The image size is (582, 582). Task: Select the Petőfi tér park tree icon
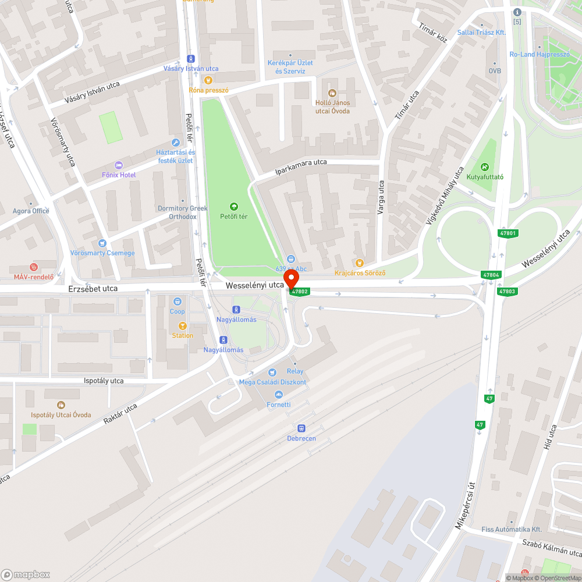pyautogui.click(x=233, y=206)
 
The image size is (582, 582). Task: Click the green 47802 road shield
pyautogui.click(x=299, y=291)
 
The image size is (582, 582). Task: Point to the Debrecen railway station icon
pyautogui.click(x=301, y=428)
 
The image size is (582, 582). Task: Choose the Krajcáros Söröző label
pyautogui.click(x=360, y=273)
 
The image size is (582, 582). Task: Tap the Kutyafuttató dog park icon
pyautogui.click(x=485, y=166)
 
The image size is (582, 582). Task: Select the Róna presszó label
pyautogui.click(x=208, y=90)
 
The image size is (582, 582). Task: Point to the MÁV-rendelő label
pyautogui.click(x=34, y=277)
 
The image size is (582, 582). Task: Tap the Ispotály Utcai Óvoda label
pyautogui.click(x=61, y=414)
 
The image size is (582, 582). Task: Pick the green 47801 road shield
pyautogui.click(x=508, y=233)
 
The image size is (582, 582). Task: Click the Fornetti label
pyautogui.click(x=278, y=404)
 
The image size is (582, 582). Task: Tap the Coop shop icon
pyautogui.click(x=177, y=301)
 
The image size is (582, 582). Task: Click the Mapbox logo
pyautogui.click(x=26, y=574)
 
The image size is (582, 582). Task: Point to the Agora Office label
pyautogui.click(x=31, y=211)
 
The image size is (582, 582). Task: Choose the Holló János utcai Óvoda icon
pyautogui.click(x=332, y=93)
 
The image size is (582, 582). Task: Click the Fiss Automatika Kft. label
pyautogui.click(x=512, y=530)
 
